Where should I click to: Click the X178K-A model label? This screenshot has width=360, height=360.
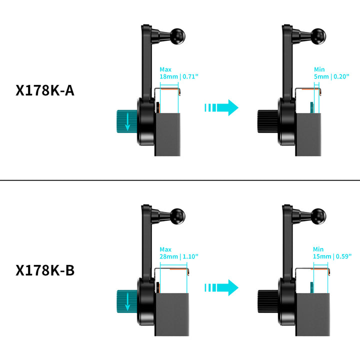pos(45,91)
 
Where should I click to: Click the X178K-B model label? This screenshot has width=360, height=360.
pos(45,270)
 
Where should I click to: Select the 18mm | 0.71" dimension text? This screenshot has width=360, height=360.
pos(179,76)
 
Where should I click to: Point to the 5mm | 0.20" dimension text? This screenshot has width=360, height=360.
pos(331,76)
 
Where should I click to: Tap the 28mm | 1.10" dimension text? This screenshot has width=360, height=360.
pos(179,256)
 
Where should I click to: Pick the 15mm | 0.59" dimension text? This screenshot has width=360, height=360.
pos(332,256)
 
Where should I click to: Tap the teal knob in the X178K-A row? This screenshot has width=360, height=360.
pos(127,121)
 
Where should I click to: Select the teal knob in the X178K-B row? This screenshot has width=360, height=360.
pos(127,300)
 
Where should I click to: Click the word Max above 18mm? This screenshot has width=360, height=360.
pos(165,69)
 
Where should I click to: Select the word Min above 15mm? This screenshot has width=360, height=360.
pos(319,248)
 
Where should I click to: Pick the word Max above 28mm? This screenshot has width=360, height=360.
pos(165,248)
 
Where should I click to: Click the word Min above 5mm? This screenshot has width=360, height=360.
pos(319,69)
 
